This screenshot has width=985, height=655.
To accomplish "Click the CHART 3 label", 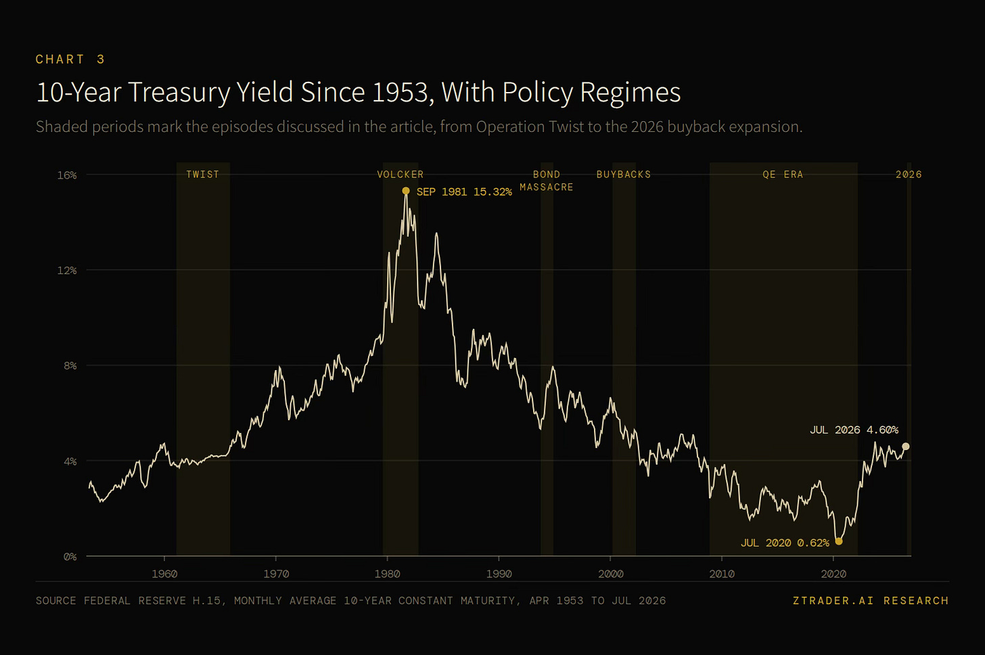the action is [70, 60].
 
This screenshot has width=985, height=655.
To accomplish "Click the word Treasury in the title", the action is [180, 93].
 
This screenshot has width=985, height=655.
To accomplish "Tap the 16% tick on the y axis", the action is [67, 175].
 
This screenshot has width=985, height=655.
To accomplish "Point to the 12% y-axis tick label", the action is [67, 270].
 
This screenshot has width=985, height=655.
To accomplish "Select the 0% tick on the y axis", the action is [70, 556].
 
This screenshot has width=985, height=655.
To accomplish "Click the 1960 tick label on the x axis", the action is [164, 574].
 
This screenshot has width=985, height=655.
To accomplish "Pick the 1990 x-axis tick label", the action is [499, 574].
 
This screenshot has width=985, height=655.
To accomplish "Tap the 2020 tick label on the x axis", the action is [833, 574].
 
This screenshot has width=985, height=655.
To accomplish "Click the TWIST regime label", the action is [203, 174].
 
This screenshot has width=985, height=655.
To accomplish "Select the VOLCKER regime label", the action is [400, 174].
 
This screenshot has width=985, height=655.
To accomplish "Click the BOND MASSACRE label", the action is [547, 181].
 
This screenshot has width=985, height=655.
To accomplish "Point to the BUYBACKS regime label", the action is [624, 174].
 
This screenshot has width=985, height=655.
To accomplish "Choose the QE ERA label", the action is [783, 174].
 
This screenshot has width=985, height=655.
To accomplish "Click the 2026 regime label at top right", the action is [909, 174].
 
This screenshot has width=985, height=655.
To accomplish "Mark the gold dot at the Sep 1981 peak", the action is [406, 190].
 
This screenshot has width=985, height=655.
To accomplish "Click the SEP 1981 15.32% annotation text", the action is [464, 191].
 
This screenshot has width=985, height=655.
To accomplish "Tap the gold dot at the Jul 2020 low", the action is [839, 541].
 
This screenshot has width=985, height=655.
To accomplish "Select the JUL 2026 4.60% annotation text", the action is [854, 430].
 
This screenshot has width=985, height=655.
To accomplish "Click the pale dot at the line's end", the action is [906, 447].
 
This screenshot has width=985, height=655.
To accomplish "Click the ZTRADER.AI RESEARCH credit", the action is [871, 600].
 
